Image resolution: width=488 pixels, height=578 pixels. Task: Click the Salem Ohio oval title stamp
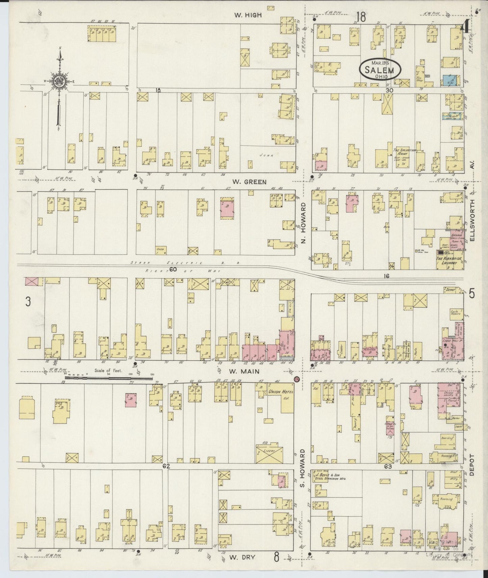381,69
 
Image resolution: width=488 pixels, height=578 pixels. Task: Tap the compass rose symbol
59,81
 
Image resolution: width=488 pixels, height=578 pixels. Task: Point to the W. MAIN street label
245,371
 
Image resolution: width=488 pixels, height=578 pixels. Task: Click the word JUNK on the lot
266,155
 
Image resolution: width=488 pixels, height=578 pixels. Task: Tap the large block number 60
173,269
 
